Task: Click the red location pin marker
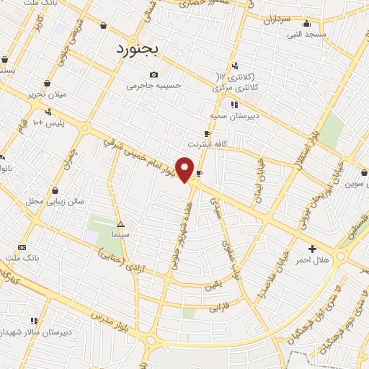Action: point(185,169)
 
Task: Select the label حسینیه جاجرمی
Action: point(151,86)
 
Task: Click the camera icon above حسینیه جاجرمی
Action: point(153,75)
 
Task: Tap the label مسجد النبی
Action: point(307,34)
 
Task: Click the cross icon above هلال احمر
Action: point(313,248)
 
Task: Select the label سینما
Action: point(120,235)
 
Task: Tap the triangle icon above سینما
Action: point(120,223)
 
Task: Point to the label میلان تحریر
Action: point(45,94)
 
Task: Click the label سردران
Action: point(277,21)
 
